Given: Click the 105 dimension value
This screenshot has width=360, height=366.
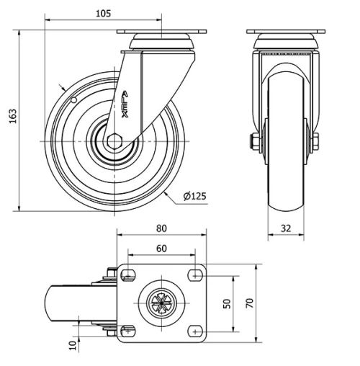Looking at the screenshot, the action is point(104,14).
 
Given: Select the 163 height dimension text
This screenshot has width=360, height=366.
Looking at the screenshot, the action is point(13,116).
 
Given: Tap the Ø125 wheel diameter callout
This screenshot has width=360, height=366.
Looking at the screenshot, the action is point(194,196).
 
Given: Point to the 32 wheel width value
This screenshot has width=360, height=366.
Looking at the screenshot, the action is point(286,228).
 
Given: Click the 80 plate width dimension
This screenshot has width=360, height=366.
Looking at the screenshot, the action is point(161,228).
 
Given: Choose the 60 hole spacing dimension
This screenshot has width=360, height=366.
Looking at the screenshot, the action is point(161,249).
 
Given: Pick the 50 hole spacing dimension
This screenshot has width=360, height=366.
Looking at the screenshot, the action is point(227,303).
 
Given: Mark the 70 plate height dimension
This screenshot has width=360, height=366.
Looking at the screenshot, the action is point(249,303).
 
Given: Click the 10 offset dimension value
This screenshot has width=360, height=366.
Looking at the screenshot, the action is point(73,345).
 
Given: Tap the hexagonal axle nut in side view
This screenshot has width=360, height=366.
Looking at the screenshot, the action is point(114,141).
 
